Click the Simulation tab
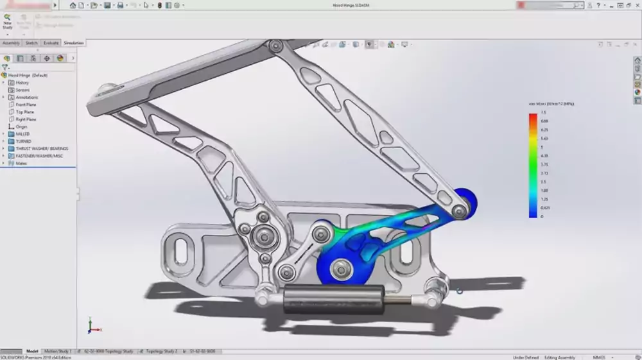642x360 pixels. click(74, 43)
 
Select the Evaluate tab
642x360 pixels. click(51, 43)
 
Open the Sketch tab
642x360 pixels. click(31, 43)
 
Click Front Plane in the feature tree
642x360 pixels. click(26, 105)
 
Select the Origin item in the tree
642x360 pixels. click(21, 126)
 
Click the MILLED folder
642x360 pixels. click(23, 134)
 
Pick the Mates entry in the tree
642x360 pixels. click(21, 163)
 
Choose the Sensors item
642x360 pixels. click(22, 90)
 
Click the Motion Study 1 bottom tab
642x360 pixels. click(57, 352)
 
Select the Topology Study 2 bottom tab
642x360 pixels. click(161, 352)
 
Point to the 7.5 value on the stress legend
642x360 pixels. click(543, 112)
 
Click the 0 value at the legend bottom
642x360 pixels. click(542, 216)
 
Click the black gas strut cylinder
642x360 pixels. click(334, 299)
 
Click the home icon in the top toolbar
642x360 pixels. click(73, 5)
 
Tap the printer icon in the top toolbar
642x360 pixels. click(120, 5)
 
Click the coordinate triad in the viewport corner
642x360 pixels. click(92, 325)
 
